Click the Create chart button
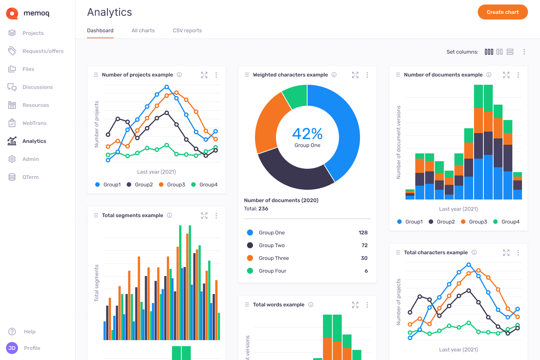click(502, 12)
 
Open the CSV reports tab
click(187, 30)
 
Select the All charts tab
click(143, 30)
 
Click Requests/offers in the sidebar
click(43, 51)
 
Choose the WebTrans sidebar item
click(34, 123)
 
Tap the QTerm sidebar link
click(30, 177)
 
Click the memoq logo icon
click(12, 13)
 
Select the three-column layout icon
click(489, 52)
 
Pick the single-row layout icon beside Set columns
click(510, 52)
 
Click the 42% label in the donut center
click(307, 134)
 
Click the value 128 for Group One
click(363, 232)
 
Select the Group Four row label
click(272, 271)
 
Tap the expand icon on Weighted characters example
click(355, 75)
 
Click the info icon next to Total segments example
click(169, 215)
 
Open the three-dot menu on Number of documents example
click(518, 75)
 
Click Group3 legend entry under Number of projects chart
click(175, 184)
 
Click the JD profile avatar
click(12, 348)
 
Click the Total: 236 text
click(256, 208)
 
